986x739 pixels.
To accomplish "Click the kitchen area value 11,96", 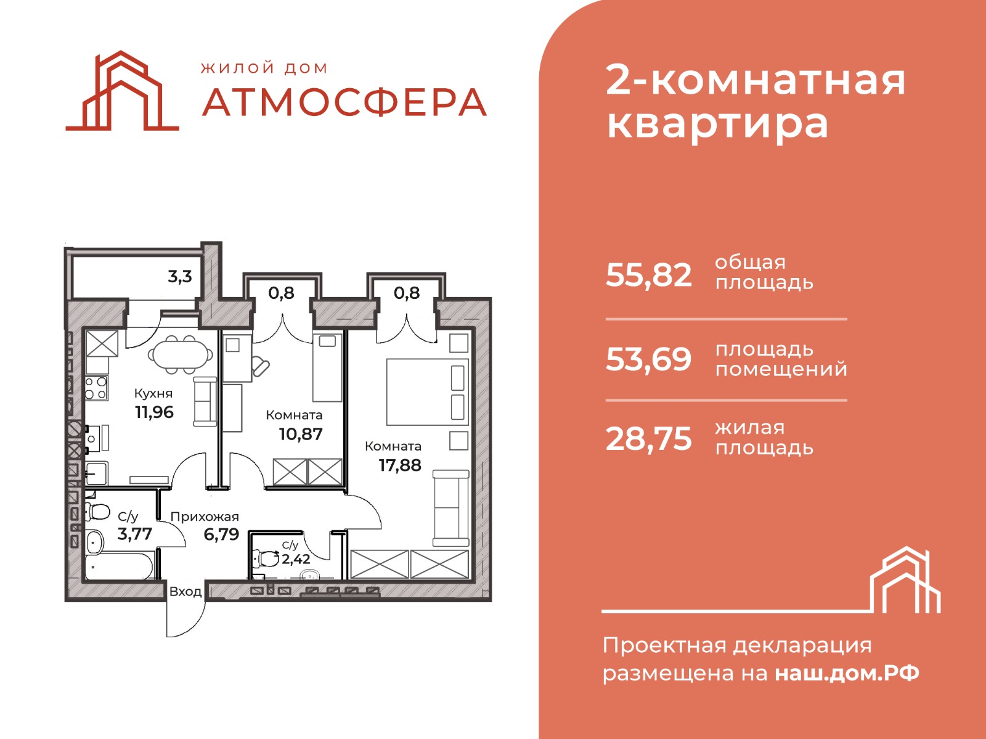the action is click(154, 412).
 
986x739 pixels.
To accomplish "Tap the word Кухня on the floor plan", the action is click(153, 393).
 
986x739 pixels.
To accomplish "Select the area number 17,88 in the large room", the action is click(400, 465).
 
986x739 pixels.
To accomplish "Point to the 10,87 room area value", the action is click(301, 435).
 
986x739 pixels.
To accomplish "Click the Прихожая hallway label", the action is click(205, 516).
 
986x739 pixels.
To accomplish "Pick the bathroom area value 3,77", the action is click(135, 534).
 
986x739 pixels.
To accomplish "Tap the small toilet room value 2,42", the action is click(296, 559).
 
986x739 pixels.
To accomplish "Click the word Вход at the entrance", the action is click(185, 592).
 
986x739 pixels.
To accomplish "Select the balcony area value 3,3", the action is click(180, 277).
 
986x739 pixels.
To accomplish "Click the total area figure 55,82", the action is click(648, 276).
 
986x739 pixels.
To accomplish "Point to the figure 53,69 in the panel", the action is click(648, 360).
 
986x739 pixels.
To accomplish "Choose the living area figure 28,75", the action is click(648, 439).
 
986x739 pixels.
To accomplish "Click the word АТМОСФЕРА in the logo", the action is click(344, 102).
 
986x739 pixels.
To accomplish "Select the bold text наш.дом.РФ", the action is click(847, 674).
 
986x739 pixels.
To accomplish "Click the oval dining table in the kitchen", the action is click(181, 355).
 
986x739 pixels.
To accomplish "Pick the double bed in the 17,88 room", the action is click(428, 392).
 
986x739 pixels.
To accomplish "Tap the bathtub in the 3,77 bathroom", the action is click(120, 566).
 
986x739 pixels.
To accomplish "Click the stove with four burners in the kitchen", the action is click(96, 388).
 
